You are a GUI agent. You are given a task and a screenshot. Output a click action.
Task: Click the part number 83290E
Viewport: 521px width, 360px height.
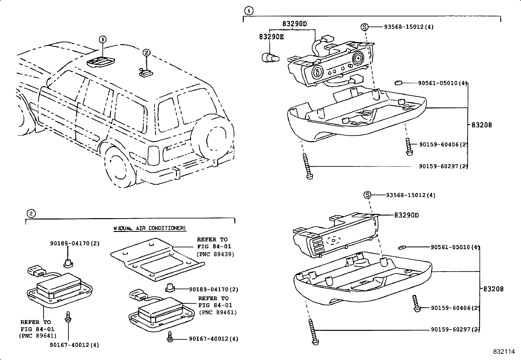pos(271,37)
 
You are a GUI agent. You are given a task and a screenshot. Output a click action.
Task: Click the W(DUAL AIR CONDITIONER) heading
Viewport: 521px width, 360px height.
pos(150,228)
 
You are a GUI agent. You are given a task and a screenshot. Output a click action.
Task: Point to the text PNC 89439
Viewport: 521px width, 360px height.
pos(215,254)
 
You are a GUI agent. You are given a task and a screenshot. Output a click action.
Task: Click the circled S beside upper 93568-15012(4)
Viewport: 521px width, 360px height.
pos(365,27)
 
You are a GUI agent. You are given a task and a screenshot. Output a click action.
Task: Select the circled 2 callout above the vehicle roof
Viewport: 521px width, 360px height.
pos(146,52)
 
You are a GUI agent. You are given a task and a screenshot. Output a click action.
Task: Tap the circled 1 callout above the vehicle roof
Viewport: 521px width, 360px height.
pos(103,40)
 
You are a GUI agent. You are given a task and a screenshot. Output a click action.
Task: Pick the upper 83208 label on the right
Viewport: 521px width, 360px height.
pos(481,125)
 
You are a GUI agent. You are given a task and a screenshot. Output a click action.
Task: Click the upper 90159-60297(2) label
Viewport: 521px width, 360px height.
pos(443,166)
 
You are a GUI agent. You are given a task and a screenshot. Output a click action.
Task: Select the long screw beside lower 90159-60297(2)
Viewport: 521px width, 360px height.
pos(313,332)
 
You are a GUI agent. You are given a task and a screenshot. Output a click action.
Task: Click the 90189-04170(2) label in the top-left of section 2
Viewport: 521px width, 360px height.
pos(75,243)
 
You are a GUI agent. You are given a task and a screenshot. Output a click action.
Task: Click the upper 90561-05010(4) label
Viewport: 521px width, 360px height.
pos(442,83)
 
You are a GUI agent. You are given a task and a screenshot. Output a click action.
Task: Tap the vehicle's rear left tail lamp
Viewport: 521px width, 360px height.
pos(153,155)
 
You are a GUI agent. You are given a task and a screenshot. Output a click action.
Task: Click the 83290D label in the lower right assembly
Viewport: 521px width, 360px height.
pos(406,215)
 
